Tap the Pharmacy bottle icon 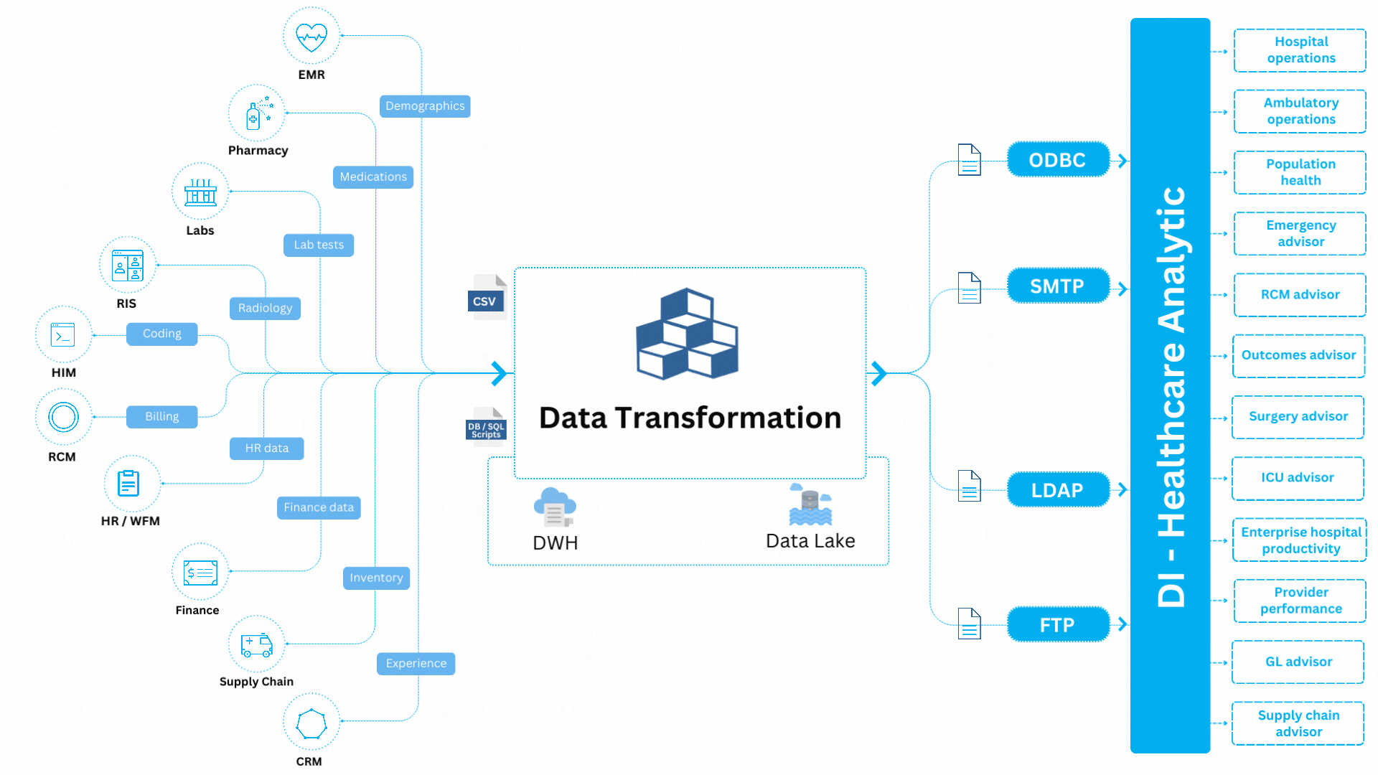[x=257, y=113]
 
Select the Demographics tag [x=425, y=106]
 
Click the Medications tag [x=373, y=177]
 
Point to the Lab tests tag [x=319, y=245]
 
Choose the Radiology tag [x=265, y=308]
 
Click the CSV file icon [x=487, y=297]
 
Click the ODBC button [x=1057, y=160]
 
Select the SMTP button [x=1057, y=286]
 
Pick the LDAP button [x=1057, y=490]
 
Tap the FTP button [x=1057, y=625]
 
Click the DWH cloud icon [x=554, y=507]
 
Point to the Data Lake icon [x=810, y=504]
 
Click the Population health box [x=1300, y=172]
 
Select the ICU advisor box [x=1298, y=478]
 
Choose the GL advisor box [x=1298, y=662]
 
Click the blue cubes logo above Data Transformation [x=687, y=334]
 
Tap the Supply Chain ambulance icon [x=257, y=644]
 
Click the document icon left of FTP [x=969, y=624]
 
